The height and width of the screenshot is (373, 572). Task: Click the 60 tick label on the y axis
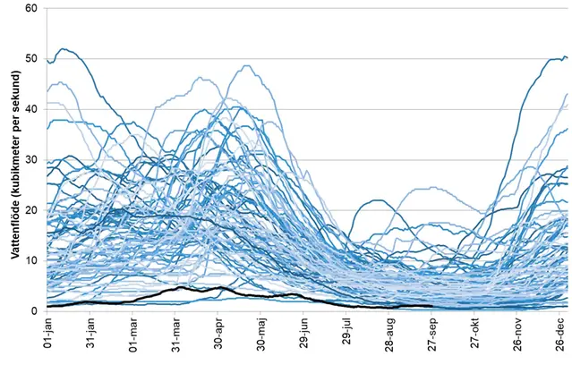(30, 8)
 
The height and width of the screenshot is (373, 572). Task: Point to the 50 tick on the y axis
(30, 59)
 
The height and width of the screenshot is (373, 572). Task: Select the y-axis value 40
(30, 109)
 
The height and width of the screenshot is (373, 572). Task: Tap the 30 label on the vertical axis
(30, 159)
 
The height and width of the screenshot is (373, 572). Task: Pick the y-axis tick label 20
(30, 210)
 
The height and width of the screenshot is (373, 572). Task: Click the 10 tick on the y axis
(30, 260)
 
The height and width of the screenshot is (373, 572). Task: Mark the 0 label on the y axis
(33, 310)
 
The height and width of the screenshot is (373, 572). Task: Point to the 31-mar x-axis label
(176, 341)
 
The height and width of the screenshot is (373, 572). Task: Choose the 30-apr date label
(219, 341)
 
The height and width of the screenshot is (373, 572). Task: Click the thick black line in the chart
(219, 288)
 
